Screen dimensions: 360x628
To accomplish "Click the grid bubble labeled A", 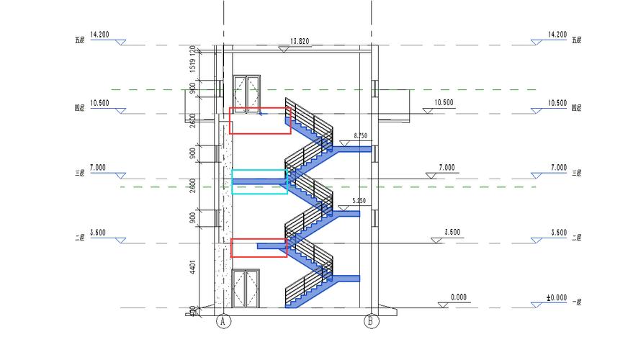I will [x=223, y=321].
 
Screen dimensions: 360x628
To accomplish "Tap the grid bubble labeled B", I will [x=372, y=321].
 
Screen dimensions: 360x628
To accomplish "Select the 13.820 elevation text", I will [x=299, y=41].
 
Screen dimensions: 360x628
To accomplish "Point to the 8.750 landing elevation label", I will [x=361, y=136].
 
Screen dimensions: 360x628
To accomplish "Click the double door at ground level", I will [x=246, y=289].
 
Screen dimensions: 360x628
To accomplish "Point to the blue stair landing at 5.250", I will [x=349, y=213].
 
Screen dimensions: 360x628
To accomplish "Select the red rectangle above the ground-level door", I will [x=259, y=248].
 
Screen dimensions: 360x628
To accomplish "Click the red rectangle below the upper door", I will [x=260, y=120].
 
